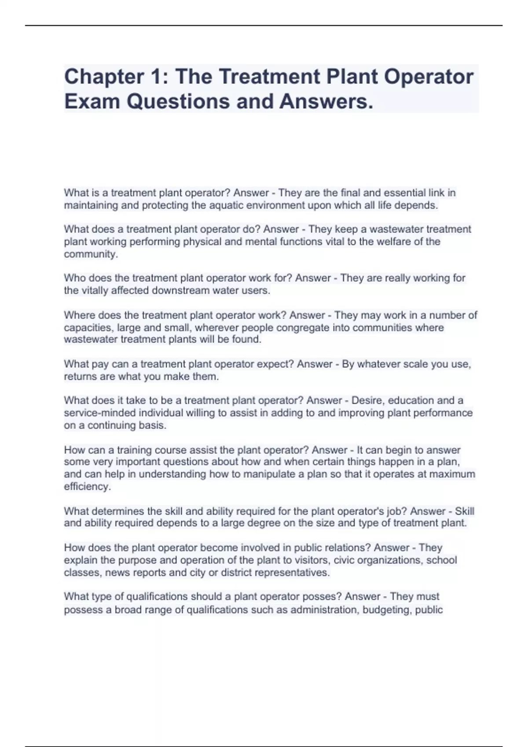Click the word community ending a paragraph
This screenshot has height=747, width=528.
click(90, 254)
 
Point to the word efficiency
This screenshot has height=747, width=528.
click(87, 486)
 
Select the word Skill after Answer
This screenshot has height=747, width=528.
click(464, 511)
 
